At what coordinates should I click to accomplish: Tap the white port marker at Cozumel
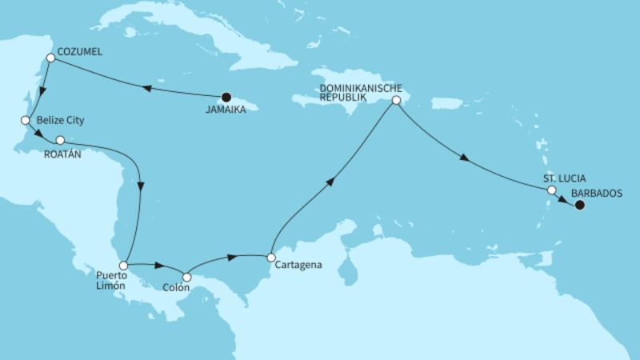pyautogui.click(x=50, y=58)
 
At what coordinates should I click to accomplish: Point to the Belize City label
pyautogui.click(x=60, y=120)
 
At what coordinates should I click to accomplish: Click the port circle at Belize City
pyautogui.click(x=25, y=120)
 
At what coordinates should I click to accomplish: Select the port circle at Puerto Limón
pyautogui.click(x=123, y=265)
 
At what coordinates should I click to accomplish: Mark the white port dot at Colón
pyautogui.click(x=186, y=277)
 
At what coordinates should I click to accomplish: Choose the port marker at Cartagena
pyautogui.click(x=271, y=258)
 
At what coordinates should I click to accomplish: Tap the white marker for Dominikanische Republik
pyautogui.click(x=395, y=101)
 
